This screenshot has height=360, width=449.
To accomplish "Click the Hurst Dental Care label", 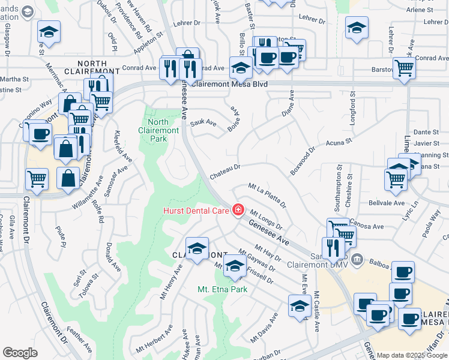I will click(197, 210).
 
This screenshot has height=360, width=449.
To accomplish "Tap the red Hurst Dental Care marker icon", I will click(238, 209).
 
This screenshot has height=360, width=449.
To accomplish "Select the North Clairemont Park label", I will click(157, 130).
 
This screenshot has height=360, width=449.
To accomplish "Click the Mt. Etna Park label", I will click(223, 289).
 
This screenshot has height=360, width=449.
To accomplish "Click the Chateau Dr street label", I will click(225, 172).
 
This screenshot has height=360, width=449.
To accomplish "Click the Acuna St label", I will click(338, 143).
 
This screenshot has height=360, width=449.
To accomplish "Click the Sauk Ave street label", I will click(203, 122).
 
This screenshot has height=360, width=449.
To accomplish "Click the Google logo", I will click(20, 353).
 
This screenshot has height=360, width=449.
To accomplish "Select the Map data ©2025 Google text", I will click(412, 355).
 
